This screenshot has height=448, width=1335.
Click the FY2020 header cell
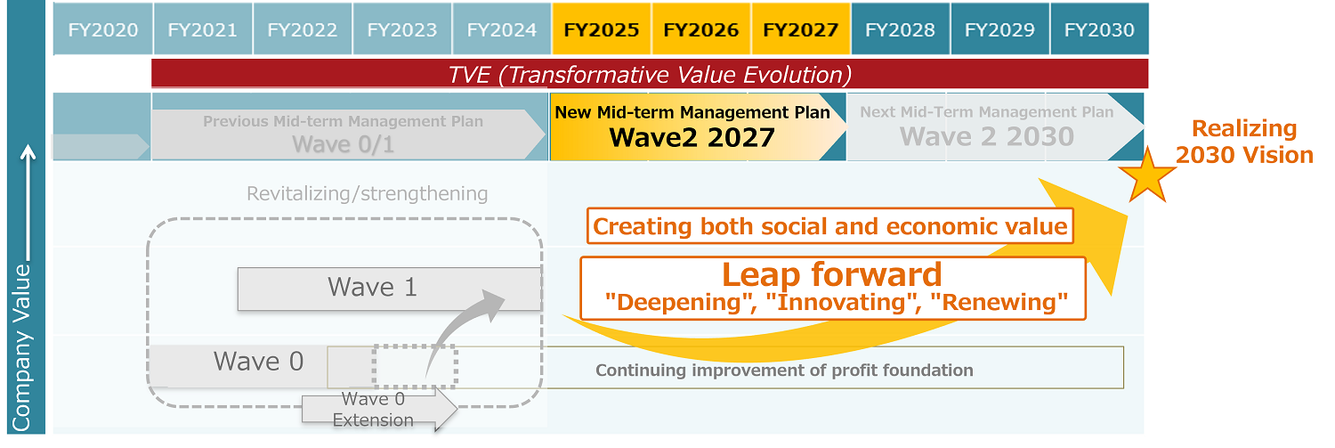click(102, 29)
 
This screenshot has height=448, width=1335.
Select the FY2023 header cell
click(402, 29)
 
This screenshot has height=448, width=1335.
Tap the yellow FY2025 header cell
click(602, 29)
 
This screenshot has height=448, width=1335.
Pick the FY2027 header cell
click(801, 29)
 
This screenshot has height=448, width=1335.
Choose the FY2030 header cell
click(1099, 29)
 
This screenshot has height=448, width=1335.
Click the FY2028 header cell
click(900, 29)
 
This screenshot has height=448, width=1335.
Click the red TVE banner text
click(650, 75)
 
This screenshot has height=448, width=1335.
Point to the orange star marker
click(1147, 176)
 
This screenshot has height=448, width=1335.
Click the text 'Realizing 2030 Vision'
click(1244, 142)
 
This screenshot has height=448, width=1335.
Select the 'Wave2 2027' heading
click(692, 138)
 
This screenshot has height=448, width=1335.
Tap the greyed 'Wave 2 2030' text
click(987, 136)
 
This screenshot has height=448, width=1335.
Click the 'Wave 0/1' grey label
click(344, 144)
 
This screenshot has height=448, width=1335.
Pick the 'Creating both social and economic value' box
click(830, 226)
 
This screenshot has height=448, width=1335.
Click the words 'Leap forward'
click(832, 274)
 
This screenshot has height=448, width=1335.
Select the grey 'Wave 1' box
click(390, 289)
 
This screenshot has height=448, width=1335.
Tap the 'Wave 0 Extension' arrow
click(380, 409)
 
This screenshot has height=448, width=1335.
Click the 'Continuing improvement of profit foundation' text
click(784, 370)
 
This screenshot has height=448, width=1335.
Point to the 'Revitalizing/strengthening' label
click(367, 193)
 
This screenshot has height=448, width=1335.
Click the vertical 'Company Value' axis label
click(21, 347)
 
